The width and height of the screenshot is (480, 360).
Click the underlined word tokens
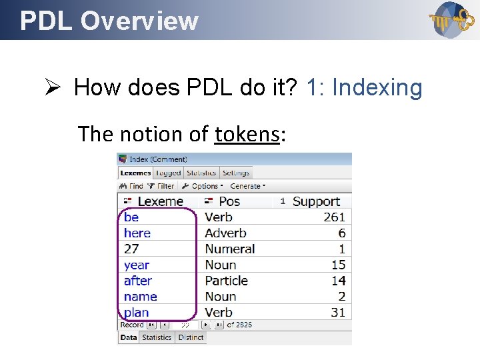tap(246, 134)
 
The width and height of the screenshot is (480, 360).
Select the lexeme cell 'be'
tap(131, 217)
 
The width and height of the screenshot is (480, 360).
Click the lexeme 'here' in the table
tap(137, 233)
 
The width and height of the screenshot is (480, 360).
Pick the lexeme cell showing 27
tap(131, 249)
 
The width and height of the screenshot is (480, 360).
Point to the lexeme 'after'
tap(138, 281)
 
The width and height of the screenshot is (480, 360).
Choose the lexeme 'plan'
tap(137, 313)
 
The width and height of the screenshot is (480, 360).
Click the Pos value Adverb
tap(225, 233)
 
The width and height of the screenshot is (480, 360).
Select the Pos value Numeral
tap(229, 249)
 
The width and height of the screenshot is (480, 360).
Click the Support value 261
tap(334, 217)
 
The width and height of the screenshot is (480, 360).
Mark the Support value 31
tap(338, 313)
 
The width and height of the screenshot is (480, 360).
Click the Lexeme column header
tap(159, 201)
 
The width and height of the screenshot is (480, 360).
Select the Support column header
tap(316, 201)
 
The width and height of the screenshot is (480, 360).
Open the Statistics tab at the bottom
tap(157, 337)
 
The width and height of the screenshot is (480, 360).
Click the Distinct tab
tap(191, 337)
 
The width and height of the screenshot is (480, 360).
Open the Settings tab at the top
tap(235, 173)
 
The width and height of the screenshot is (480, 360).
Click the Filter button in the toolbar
tap(161, 187)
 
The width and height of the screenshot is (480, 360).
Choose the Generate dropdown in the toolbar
tap(247, 187)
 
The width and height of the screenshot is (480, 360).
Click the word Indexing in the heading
tap(377, 87)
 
